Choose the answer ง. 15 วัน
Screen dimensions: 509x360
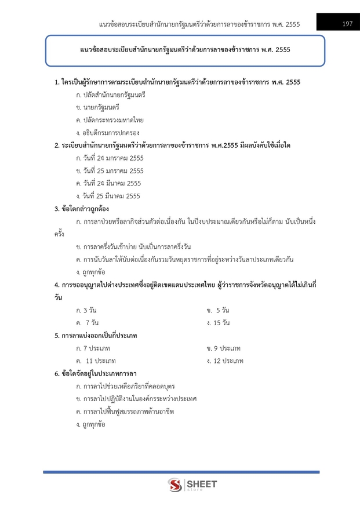[218, 323]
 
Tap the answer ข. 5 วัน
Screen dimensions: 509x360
[218, 310]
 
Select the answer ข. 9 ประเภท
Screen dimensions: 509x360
[223, 348]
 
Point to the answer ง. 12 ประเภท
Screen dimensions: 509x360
[224, 361]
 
